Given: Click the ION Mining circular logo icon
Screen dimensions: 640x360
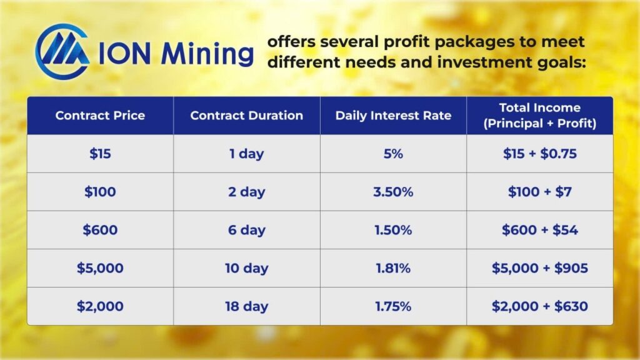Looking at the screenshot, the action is pyautogui.click(x=62, y=51).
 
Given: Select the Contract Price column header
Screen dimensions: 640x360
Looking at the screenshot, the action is pyautogui.click(x=100, y=116).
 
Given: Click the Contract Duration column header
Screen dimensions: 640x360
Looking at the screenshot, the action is pyautogui.click(x=247, y=116).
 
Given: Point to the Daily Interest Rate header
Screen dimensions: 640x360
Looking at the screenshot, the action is pyautogui.click(x=394, y=116).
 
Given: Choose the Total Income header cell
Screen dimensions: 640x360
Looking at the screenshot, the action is pyautogui.click(x=540, y=116).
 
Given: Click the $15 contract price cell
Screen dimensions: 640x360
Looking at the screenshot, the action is pyautogui.click(x=100, y=154).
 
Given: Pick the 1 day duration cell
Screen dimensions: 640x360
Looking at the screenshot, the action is pyautogui.click(x=247, y=154).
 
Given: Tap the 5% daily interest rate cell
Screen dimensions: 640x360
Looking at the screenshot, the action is pyautogui.click(x=394, y=154).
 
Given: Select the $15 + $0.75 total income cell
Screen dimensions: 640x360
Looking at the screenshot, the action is pyautogui.click(x=540, y=154).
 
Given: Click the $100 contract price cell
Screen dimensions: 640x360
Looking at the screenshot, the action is pyautogui.click(x=100, y=192).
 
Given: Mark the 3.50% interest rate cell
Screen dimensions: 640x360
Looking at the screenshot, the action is pyautogui.click(x=394, y=192).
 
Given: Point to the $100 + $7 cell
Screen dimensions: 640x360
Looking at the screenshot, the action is pyautogui.click(x=540, y=192).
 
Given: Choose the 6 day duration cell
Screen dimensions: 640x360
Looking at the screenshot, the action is pyautogui.click(x=247, y=230).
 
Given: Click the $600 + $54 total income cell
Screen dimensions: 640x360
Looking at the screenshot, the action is pyautogui.click(x=540, y=230).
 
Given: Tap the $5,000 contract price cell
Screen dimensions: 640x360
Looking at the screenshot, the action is pyautogui.click(x=100, y=268).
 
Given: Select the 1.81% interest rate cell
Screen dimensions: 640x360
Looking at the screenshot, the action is pyautogui.click(x=394, y=268).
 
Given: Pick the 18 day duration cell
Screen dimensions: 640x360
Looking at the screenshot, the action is pyautogui.click(x=247, y=306).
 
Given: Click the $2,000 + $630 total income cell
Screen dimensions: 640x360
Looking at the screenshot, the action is pyautogui.click(x=540, y=306).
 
